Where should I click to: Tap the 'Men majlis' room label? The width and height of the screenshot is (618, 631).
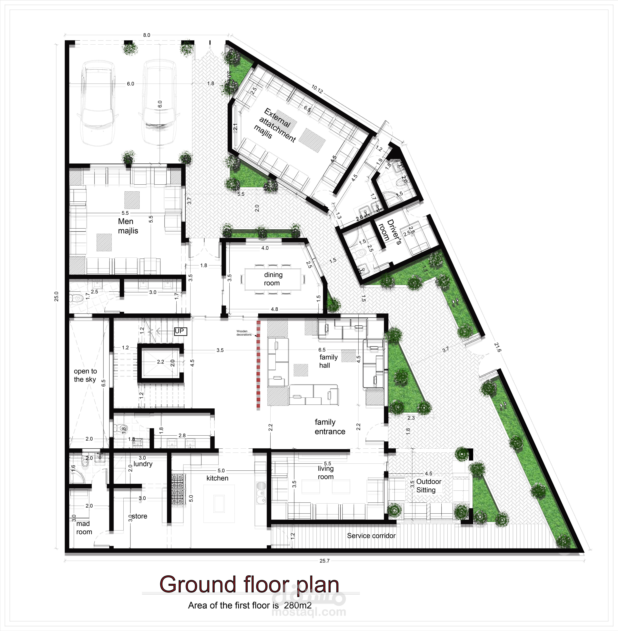click(x=128, y=226)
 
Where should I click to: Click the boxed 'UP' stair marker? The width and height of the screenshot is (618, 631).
click(x=180, y=331)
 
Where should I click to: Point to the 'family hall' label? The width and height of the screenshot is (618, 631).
click(x=328, y=361)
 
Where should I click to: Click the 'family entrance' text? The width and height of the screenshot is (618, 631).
click(x=330, y=426)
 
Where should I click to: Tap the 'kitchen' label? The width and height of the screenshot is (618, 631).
click(x=217, y=478)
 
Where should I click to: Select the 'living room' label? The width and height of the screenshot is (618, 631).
click(x=326, y=473)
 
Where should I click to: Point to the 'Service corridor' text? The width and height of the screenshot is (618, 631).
click(x=371, y=536)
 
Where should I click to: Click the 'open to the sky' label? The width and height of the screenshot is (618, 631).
click(x=85, y=375)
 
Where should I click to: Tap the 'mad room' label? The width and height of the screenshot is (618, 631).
click(x=84, y=528)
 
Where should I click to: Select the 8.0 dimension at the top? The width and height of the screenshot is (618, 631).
click(x=147, y=35)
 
